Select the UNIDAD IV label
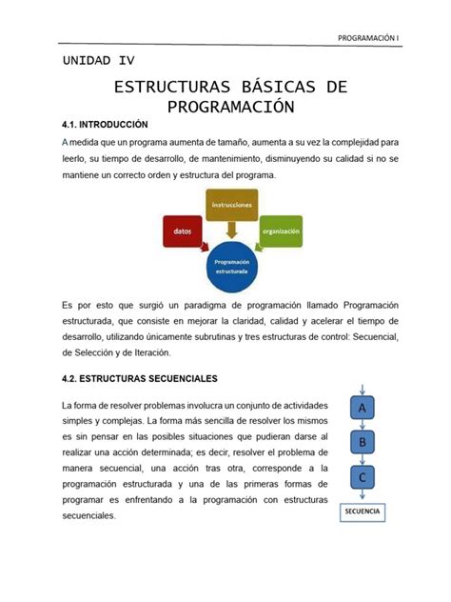(x=98, y=60)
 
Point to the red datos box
(x=182, y=231)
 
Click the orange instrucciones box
(x=231, y=204)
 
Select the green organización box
(x=281, y=231)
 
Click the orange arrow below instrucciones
(x=231, y=230)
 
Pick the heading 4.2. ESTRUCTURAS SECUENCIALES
(x=140, y=378)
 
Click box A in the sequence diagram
(x=362, y=408)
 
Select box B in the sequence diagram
(x=362, y=442)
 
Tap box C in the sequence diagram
(x=362, y=476)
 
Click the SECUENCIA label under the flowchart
(x=362, y=512)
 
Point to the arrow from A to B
(x=362, y=425)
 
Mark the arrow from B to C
(x=362, y=459)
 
